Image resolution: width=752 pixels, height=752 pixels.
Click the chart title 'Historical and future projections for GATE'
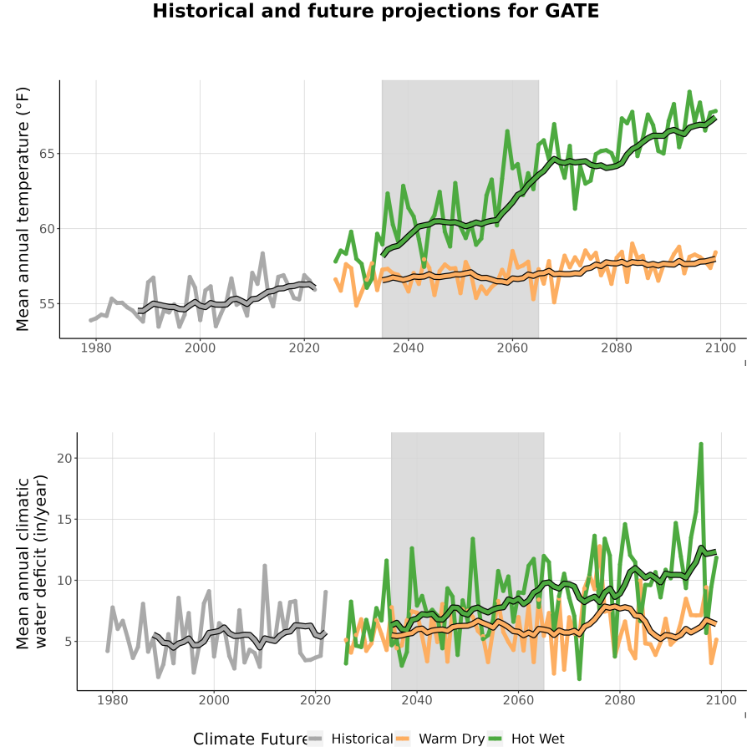pyautogui.click(x=375, y=11)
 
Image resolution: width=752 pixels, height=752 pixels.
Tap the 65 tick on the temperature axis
pyautogui.click(x=47, y=154)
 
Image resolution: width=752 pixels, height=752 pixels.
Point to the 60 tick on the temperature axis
pyautogui.click(x=47, y=229)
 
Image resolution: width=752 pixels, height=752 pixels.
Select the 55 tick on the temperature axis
pyautogui.click(x=47, y=304)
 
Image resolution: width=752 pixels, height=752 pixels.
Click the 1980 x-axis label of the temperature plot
pyautogui.click(x=96, y=348)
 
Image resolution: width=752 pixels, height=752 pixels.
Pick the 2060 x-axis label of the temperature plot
pyautogui.click(x=512, y=348)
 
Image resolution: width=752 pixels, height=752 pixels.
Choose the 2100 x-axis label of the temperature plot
pyautogui.click(x=720, y=348)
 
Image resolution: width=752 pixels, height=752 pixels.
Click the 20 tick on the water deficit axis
pyautogui.click(x=64, y=458)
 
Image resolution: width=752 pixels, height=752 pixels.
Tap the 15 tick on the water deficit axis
pyautogui.click(x=64, y=520)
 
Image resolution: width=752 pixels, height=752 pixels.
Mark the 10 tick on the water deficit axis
pyautogui.click(x=64, y=581)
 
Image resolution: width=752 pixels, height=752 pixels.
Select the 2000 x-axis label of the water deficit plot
pyautogui.click(x=214, y=700)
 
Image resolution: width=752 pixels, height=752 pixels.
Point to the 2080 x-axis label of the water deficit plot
pyautogui.click(x=620, y=700)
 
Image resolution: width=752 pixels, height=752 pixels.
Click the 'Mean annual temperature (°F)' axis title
pyautogui.click(x=23, y=209)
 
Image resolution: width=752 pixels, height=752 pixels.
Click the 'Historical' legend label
pyautogui.click(x=362, y=739)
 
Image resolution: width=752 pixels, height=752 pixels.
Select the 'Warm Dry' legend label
pyautogui.click(x=452, y=739)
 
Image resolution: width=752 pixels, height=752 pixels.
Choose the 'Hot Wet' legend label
pyautogui.click(x=537, y=739)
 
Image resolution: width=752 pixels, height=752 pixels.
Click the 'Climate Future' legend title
pyautogui.click(x=250, y=739)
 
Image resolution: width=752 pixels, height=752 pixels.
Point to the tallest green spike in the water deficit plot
pyautogui.click(x=701, y=445)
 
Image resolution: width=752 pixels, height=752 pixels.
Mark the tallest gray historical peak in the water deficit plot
pyautogui.click(x=264, y=567)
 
